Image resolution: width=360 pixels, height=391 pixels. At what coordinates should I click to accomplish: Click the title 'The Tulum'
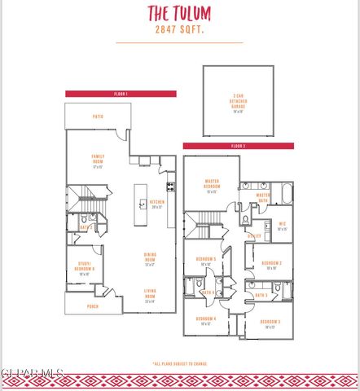(178, 13)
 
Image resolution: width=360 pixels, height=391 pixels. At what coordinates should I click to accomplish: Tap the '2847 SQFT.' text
(178, 29)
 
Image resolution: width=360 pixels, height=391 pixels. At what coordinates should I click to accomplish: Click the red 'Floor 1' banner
(121, 94)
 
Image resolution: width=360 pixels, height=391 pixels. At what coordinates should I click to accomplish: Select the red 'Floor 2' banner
(238, 146)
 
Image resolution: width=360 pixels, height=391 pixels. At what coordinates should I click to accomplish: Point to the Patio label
(98, 116)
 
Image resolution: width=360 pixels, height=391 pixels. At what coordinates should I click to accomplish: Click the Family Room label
(97, 161)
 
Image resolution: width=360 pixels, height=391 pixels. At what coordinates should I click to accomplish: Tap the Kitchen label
(157, 203)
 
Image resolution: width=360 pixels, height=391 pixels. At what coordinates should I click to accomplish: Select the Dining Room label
(151, 261)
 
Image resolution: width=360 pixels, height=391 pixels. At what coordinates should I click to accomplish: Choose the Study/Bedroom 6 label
(84, 270)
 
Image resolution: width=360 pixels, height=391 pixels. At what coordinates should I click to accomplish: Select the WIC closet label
(283, 226)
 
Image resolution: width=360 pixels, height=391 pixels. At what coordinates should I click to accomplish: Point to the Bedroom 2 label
(271, 265)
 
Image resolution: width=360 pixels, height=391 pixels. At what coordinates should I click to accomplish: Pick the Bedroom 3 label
(270, 324)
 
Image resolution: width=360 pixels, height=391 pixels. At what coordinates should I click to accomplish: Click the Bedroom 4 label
(205, 320)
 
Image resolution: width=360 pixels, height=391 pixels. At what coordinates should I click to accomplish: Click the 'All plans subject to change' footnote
(179, 363)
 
